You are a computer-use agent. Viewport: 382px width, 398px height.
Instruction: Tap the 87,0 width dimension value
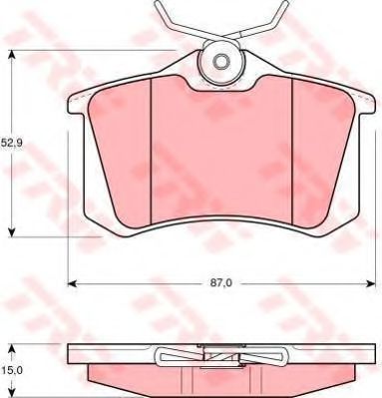221,284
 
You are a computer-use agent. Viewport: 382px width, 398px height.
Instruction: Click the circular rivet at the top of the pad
220,65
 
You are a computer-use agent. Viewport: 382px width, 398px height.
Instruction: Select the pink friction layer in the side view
220,376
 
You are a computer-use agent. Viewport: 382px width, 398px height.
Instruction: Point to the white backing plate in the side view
110,355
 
